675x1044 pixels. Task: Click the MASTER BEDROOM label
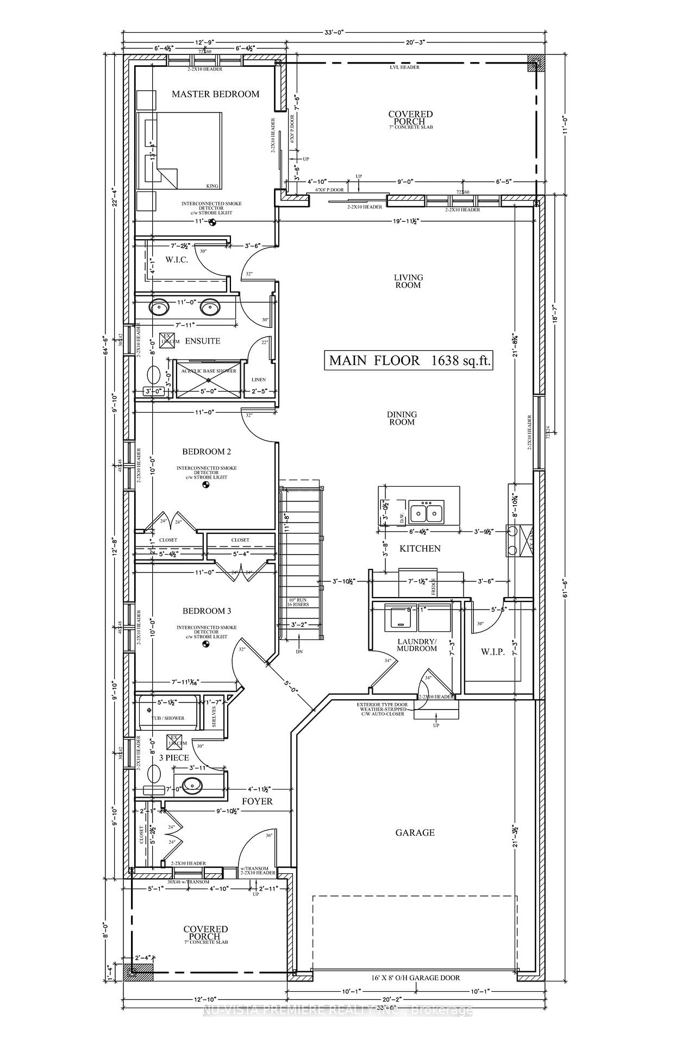click(x=215, y=94)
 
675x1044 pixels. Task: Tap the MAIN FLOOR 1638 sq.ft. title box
click(x=408, y=360)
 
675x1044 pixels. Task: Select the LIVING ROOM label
click(x=408, y=281)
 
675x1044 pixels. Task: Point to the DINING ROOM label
click(x=402, y=418)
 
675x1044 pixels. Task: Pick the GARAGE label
click(x=415, y=832)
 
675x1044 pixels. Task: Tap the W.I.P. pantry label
click(x=493, y=652)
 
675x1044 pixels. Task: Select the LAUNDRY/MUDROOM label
click(x=417, y=645)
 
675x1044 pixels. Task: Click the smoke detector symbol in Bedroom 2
click(x=206, y=486)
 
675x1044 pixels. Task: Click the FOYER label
click(x=257, y=801)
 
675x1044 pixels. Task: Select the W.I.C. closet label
click(x=177, y=260)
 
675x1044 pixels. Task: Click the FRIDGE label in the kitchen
click(x=434, y=588)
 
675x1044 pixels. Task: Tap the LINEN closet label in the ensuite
click(x=259, y=379)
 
